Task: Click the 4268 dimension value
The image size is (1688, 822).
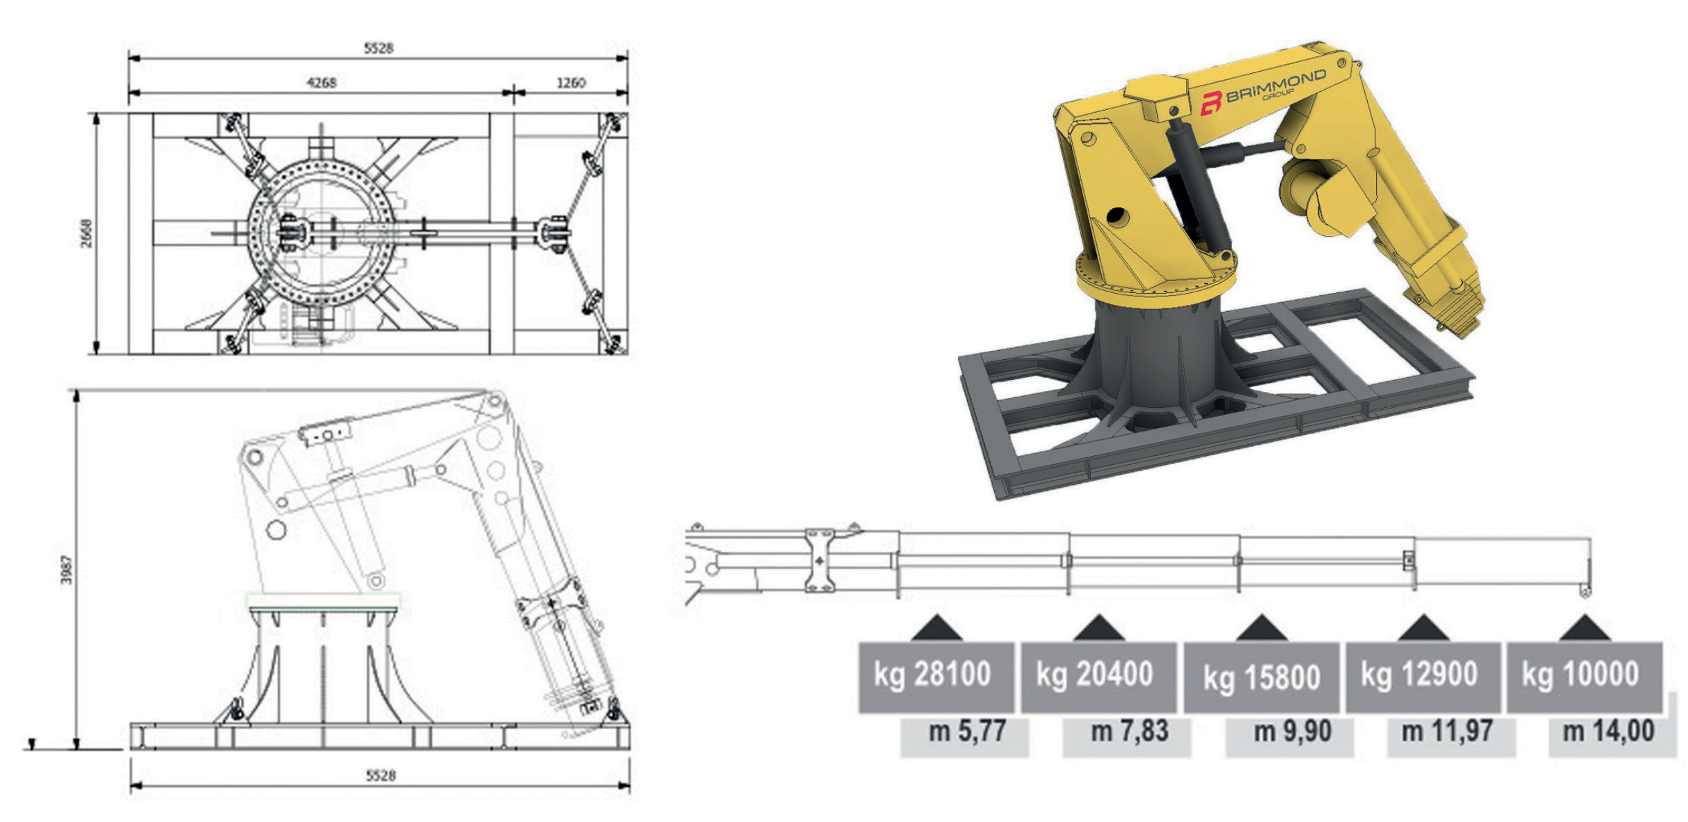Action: click(322, 83)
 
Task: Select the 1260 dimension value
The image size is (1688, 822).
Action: click(571, 83)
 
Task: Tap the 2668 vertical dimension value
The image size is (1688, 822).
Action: click(86, 233)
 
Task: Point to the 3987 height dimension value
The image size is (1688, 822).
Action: click(67, 569)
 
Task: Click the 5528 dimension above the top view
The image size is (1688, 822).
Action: click(379, 48)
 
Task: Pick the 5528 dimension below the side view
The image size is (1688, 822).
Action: click(381, 775)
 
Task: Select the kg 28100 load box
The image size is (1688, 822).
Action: click(936, 677)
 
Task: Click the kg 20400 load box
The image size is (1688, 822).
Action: click(1098, 677)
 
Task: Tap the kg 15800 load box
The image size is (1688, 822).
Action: click(1261, 677)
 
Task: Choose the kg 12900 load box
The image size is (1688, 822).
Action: click(1423, 677)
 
